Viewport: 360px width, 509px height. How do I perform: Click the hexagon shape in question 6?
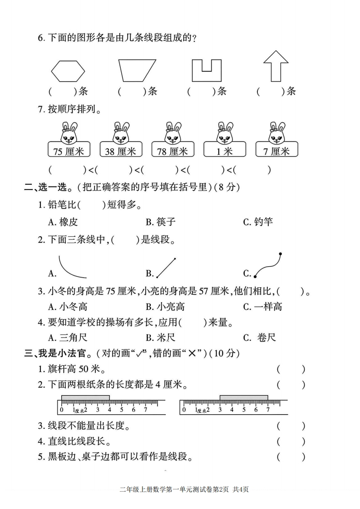coord(51,71)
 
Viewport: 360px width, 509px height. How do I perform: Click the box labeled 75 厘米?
coord(69,149)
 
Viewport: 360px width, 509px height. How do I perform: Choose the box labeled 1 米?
coord(225,149)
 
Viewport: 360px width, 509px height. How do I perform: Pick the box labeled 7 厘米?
coord(276,149)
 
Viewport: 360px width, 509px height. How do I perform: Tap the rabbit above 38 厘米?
coord(121,133)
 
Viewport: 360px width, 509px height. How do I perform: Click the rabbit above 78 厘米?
coord(173,133)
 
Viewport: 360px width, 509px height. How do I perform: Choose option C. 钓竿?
coord(258,222)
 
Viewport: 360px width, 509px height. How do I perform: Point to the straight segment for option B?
coord(166,268)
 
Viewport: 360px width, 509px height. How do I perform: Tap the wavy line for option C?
coord(268,268)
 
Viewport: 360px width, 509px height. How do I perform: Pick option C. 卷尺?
coord(259,338)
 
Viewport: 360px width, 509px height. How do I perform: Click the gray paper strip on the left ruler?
coord(85,398)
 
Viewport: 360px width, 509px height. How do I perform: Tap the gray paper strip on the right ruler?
coord(244,398)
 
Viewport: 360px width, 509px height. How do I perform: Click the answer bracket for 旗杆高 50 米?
coord(291,369)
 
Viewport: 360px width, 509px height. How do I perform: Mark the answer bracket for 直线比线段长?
coord(291,441)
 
